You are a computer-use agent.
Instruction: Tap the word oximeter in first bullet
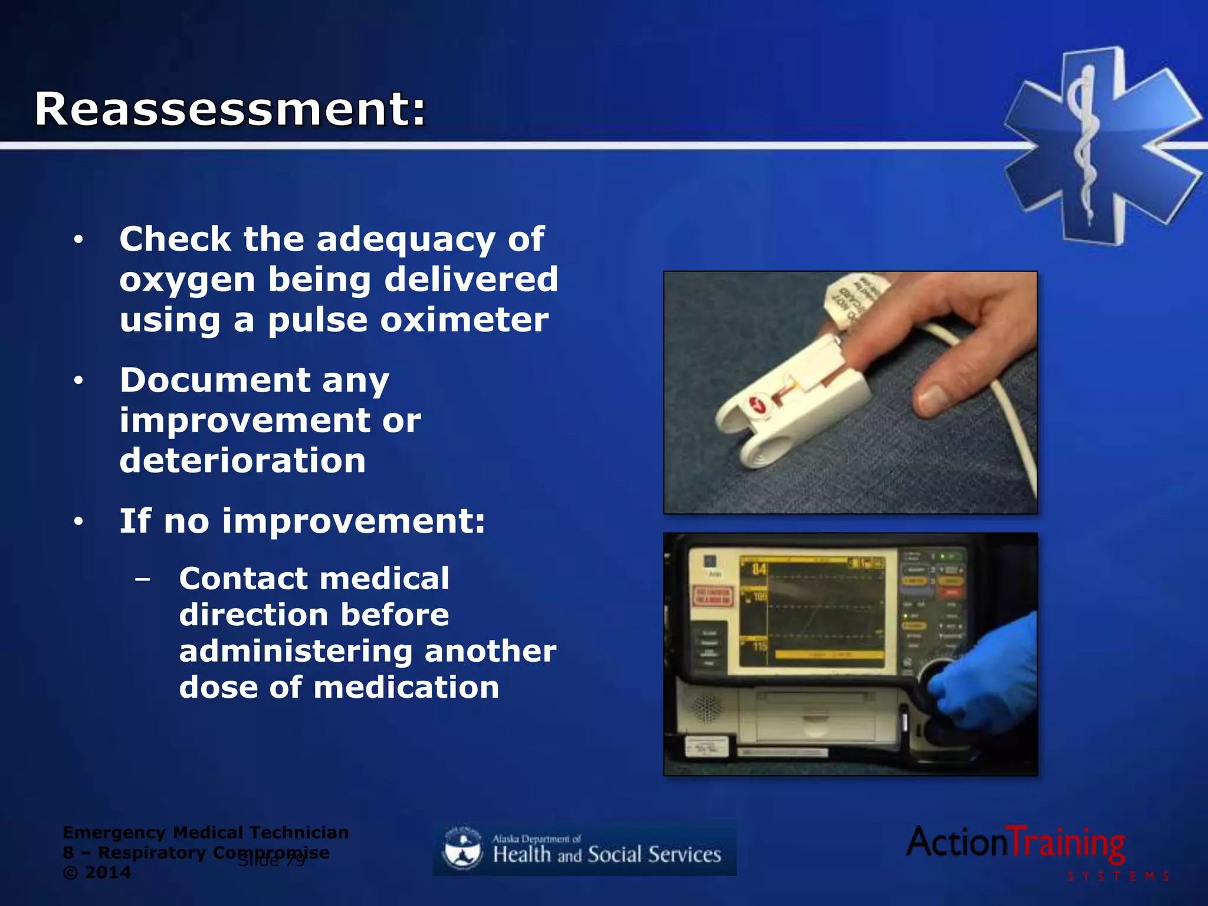(464, 320)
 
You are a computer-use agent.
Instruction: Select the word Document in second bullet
(215, 380)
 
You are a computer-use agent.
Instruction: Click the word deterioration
(242, 461)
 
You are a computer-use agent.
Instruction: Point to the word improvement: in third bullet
(353, 521)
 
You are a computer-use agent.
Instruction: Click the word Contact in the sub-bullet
(245, 579)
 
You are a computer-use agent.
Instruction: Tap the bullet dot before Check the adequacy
(78, 240)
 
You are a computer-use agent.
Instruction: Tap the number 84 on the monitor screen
(759, 569)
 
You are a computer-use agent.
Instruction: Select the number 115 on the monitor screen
(760, 646)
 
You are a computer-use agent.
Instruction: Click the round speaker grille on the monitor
(706, 708)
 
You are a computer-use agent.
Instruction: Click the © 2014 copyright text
(97, 873)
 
